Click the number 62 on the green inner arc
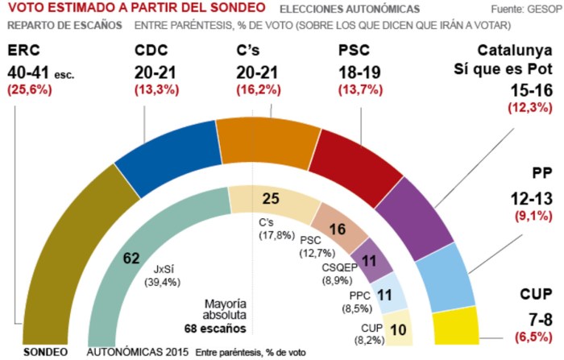click(132, 259)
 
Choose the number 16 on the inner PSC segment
click(338, 229)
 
